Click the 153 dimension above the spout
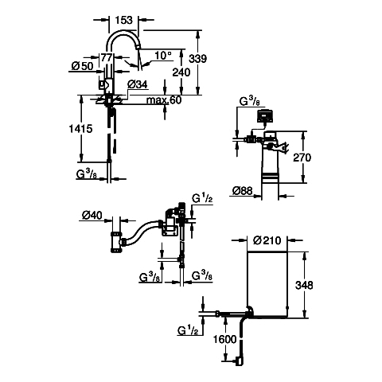123,20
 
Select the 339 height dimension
197,59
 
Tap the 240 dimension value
181,72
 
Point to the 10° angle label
163,56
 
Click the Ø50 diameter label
83,66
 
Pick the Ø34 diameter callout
138,84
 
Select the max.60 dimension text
164,100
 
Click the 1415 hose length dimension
80,129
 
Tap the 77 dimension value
107,57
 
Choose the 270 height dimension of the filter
302,158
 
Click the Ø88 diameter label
243,190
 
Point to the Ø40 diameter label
92,215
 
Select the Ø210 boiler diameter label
267,240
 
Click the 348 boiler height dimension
304,285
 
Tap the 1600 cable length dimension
225,339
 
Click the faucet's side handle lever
103,84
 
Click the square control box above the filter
265,116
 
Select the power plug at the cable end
239,361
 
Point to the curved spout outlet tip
138,47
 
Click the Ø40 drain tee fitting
117,242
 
